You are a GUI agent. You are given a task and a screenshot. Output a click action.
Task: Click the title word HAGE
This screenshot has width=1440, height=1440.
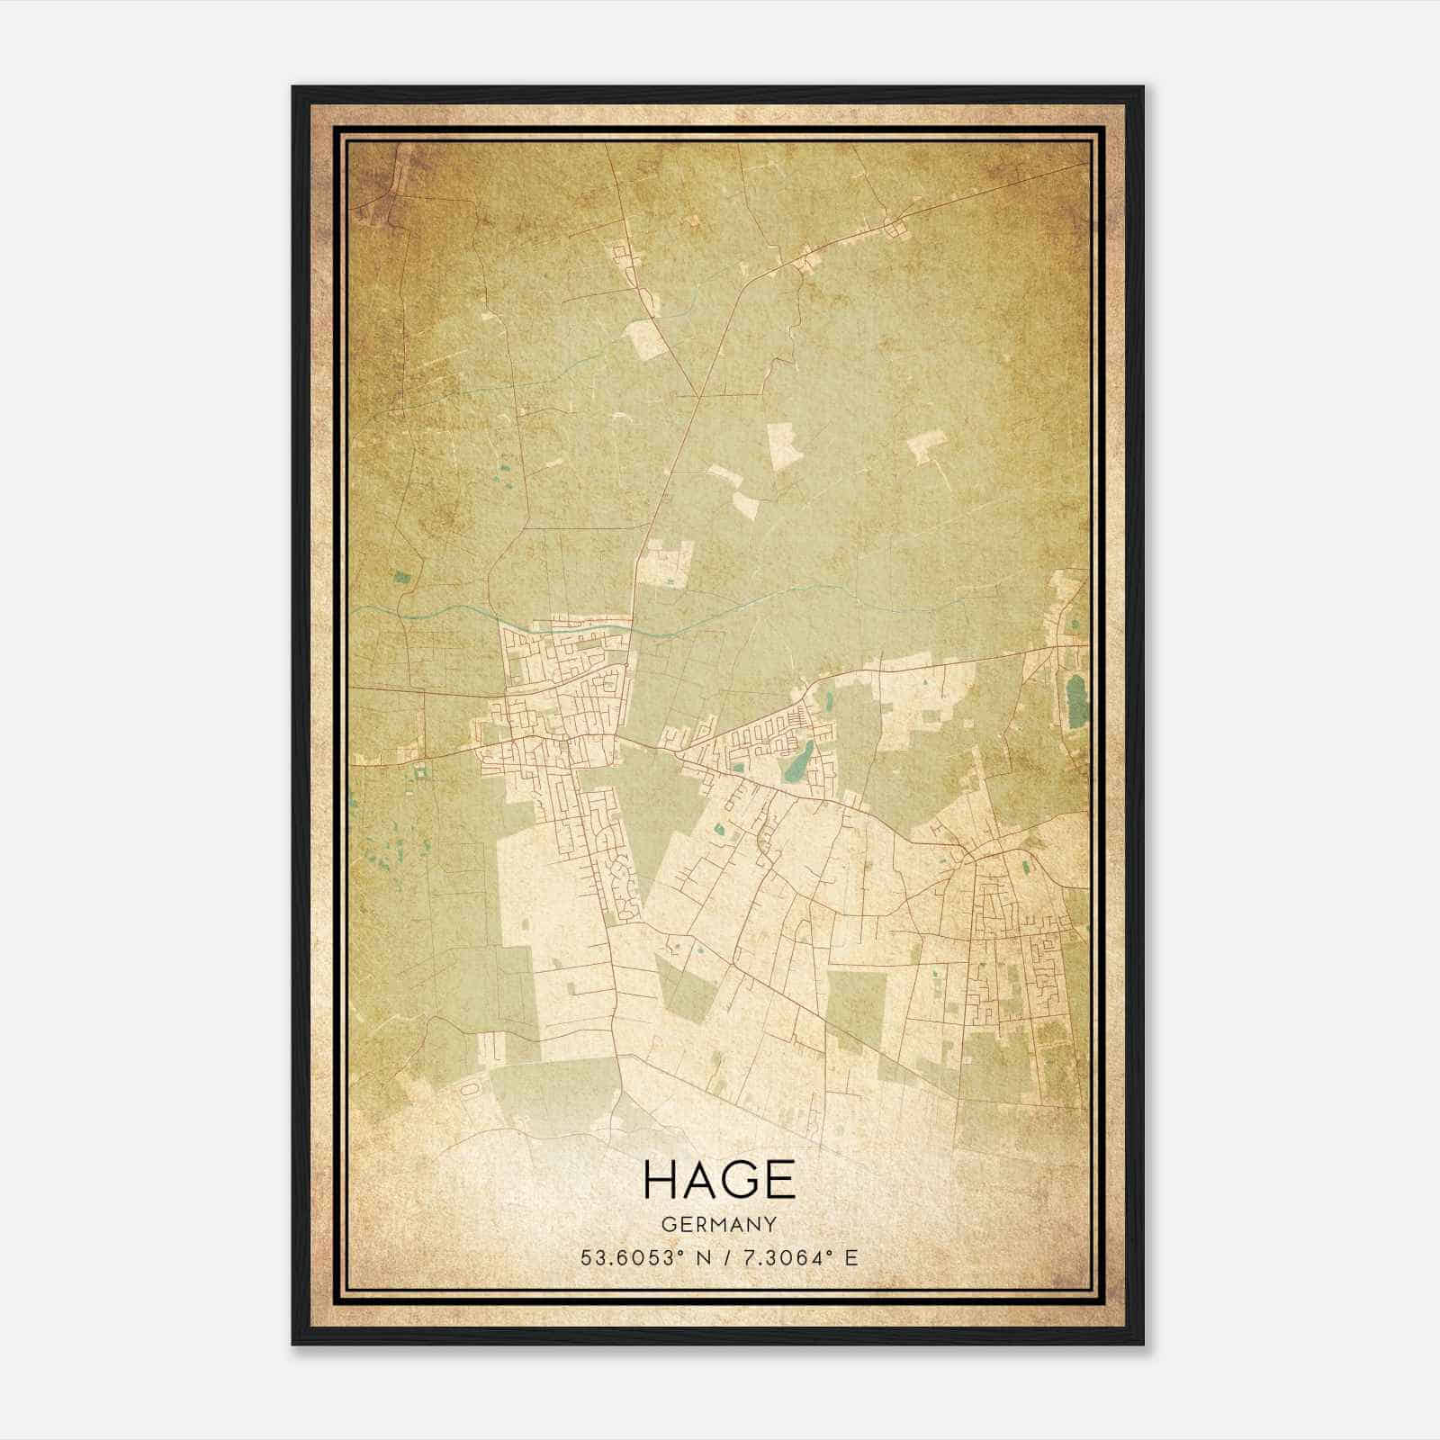click(719, 1179)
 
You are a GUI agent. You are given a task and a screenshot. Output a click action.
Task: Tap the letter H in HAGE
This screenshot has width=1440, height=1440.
click(662, 1179)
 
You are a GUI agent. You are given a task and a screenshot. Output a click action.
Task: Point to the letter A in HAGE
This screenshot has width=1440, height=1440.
click(702, 1179)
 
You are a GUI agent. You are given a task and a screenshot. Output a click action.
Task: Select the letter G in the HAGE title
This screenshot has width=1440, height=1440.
click(742, 1179)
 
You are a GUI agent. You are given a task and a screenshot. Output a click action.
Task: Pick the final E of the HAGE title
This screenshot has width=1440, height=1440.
click(780, 1179)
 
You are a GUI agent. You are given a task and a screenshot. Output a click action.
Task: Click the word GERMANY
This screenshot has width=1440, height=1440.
click(719, 1224)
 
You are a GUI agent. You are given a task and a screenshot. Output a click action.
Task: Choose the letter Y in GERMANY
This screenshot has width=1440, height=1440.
click(770, 1224)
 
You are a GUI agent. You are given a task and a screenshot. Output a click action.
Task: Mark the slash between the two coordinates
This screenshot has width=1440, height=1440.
click(720, 1257)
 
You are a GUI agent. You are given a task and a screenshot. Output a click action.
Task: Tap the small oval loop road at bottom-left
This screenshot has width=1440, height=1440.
click(469, 1089)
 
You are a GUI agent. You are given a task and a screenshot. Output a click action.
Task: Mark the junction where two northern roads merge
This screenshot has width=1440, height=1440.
click(698, 396)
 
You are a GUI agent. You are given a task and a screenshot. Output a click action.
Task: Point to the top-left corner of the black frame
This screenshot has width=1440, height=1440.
click(293, 87)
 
